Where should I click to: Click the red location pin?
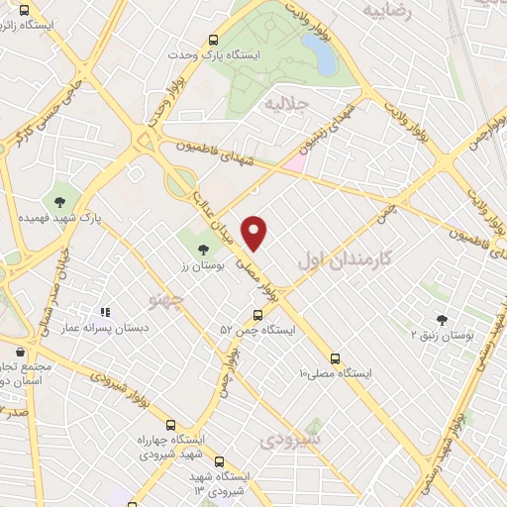point(255,232)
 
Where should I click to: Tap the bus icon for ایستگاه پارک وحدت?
point(213,42)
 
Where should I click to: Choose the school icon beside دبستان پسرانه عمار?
point(105,312)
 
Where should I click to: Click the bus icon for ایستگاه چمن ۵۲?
point(257,315)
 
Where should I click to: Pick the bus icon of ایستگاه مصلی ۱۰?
point(335,358)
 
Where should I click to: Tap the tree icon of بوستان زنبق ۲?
point(442,319)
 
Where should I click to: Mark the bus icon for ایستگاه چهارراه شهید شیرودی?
point(171,423)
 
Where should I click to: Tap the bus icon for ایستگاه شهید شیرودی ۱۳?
point(219,460)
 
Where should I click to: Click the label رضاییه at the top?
point(387,12)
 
